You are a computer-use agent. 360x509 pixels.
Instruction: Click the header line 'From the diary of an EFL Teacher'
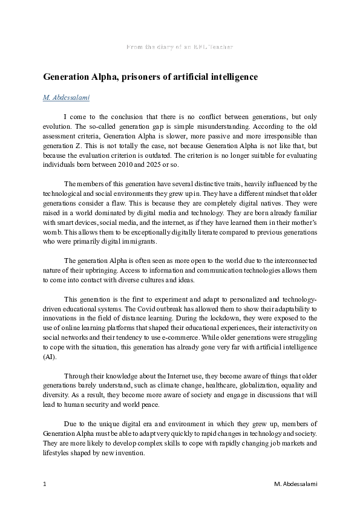point(180,47)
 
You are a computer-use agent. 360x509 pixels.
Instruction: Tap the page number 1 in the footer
point(45,484)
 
